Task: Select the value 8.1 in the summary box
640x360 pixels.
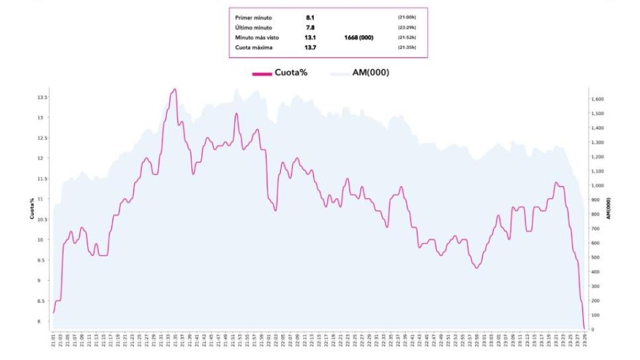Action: pyautogui.click(x=310, y=17)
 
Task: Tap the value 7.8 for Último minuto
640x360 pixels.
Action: pyautogui.click(x=310, y=27)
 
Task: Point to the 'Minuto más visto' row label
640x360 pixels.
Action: pyautogui.click(x=257, y=37)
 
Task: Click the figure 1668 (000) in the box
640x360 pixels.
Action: pyautogui.click(x=359, y=37)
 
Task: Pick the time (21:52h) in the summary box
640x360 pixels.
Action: pyautogui.click(x=406, y=37)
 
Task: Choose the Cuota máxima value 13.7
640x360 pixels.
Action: pyautogui.click(x=310, y=48)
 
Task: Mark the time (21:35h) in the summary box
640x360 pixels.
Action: pyautogui.click(x=406, y=48)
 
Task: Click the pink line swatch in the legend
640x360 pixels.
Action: pyautogui.click(x=262, y=73)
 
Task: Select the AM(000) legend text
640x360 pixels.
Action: pyautogui.click(x=366, y=72)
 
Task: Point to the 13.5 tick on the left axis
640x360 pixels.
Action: pyautogui.click(x=42, y=97)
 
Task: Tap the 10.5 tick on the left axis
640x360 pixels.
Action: pyautogui.click(x=42, y=219)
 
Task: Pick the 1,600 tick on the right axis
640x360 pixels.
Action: pyautogui.click(x=597, y=99)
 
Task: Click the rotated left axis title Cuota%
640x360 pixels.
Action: pyautogui.click(x=32, y=208)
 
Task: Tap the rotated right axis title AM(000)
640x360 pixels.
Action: pyautogui.click(x=608, y=208)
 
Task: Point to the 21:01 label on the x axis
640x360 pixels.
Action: pyautogui.click(x=54, y=341)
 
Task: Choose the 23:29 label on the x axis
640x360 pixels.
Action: pyautogui.click(x=585, y=341)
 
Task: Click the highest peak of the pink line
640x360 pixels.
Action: pyautogui.click(x=174, y=89)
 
